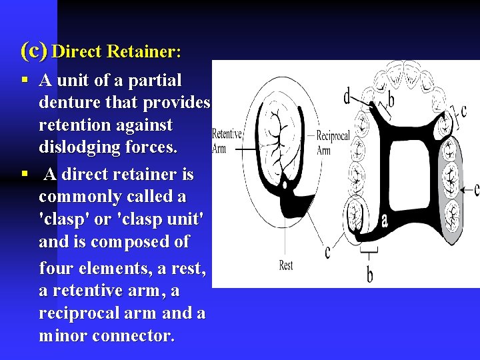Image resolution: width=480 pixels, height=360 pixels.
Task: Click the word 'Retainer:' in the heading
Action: [x=148, y=51]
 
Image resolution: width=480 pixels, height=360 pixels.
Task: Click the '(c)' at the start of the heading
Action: [x=33, y=50]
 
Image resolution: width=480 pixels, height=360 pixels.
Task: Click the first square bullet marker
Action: [x=24, y=81]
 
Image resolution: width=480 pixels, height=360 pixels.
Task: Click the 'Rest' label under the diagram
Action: [x=286, y=265]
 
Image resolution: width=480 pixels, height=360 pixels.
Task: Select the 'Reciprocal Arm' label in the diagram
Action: [x=333, y=143]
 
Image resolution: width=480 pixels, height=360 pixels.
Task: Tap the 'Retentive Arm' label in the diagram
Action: [x=227, y=141]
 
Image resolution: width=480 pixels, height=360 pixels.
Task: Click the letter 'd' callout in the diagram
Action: [x=347, y=97]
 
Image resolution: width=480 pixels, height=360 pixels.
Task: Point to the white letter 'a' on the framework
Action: [x=385, y=219]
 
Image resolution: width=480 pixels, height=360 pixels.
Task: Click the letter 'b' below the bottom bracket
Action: [x=369, y=273]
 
